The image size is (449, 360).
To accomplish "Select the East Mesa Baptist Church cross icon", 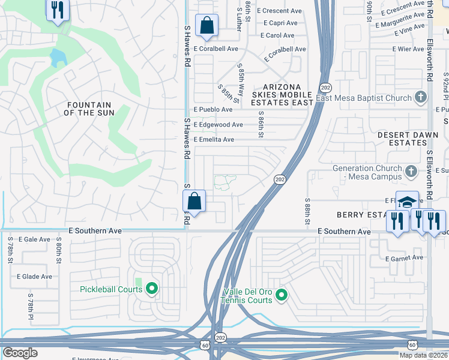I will coord(421,98).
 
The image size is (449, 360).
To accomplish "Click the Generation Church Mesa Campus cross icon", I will coord(411,172).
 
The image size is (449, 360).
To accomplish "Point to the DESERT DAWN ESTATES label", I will coord(408,139).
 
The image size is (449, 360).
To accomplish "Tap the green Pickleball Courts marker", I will coord(152,289).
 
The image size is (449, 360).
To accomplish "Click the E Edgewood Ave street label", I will coord(217,125).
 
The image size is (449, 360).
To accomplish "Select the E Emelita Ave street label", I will coord(213,139).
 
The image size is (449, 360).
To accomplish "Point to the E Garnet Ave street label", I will coord(404,258).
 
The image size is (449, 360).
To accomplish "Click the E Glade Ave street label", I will coord(34,277).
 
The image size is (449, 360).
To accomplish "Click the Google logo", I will coord(20,353).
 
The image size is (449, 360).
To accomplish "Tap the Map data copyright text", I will coord(423,355).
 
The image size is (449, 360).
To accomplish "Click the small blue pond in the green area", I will coord(57,58).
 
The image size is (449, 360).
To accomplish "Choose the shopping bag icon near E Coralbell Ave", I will coord(206,25).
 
